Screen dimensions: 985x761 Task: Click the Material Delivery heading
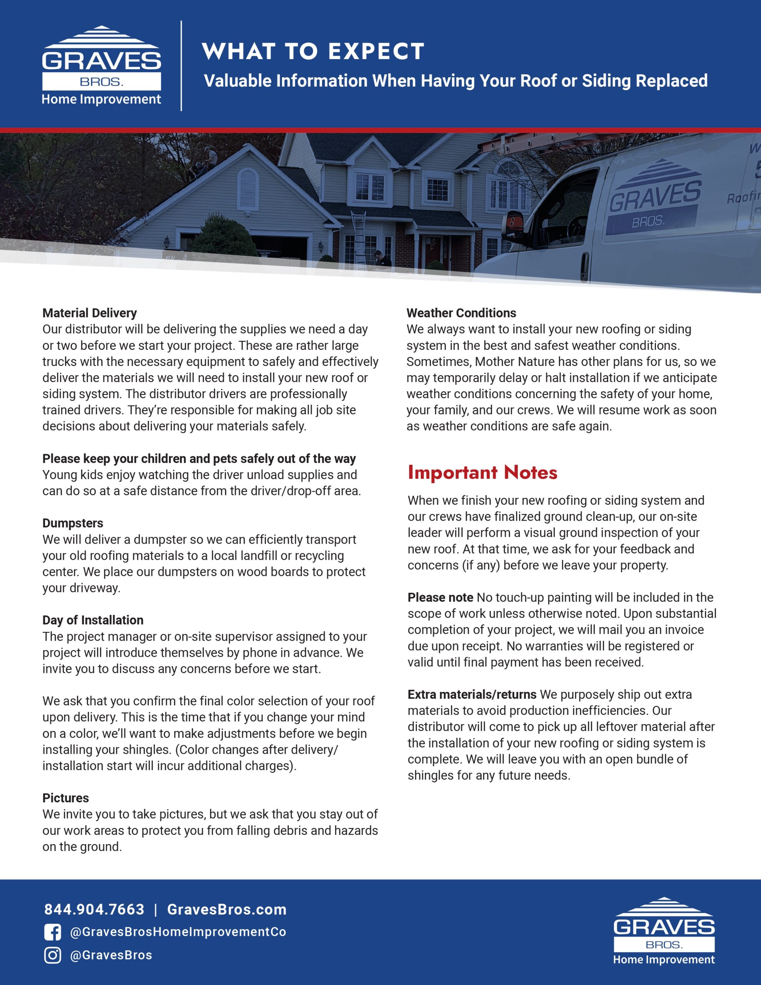click(89, 313)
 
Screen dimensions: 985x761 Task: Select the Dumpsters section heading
click(73, 523)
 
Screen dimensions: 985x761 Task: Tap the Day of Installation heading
click(93, 620)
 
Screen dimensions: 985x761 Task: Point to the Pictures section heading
click(65, 798)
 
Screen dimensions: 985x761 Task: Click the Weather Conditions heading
click(461, 313)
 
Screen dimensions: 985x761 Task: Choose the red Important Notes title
click(482, 472)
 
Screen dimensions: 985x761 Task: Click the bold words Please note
click(440, 598)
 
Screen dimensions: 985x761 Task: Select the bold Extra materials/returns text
click(472, 695)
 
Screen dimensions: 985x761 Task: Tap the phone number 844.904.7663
click(94, 909)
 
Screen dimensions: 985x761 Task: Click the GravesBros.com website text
click(227, 909)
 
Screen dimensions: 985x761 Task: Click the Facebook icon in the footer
click(53, 932)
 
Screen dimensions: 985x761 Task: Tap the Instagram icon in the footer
click(53, 955)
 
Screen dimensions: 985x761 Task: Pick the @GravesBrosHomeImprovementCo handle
click(178, 932)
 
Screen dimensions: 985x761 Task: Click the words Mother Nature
click(515, 362)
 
